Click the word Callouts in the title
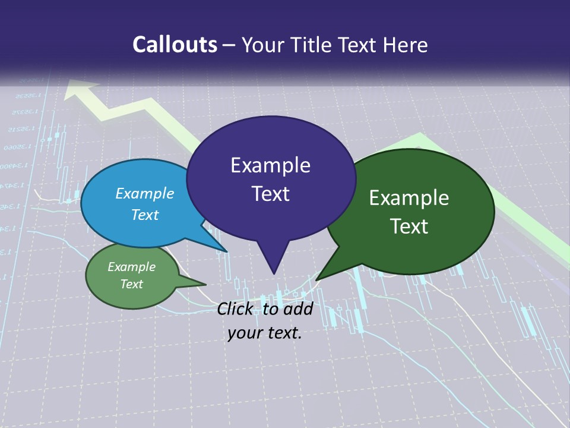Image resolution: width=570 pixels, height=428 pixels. tap(175, 45)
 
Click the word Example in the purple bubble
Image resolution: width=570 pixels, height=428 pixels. tap(270, 165)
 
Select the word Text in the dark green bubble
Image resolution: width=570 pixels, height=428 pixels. tap(410, 226)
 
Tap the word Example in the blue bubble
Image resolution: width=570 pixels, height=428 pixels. tap(144, 193)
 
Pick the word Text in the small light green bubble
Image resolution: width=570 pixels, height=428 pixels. tap(132, 284)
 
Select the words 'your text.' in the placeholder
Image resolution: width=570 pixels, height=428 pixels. tap(264, 333)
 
